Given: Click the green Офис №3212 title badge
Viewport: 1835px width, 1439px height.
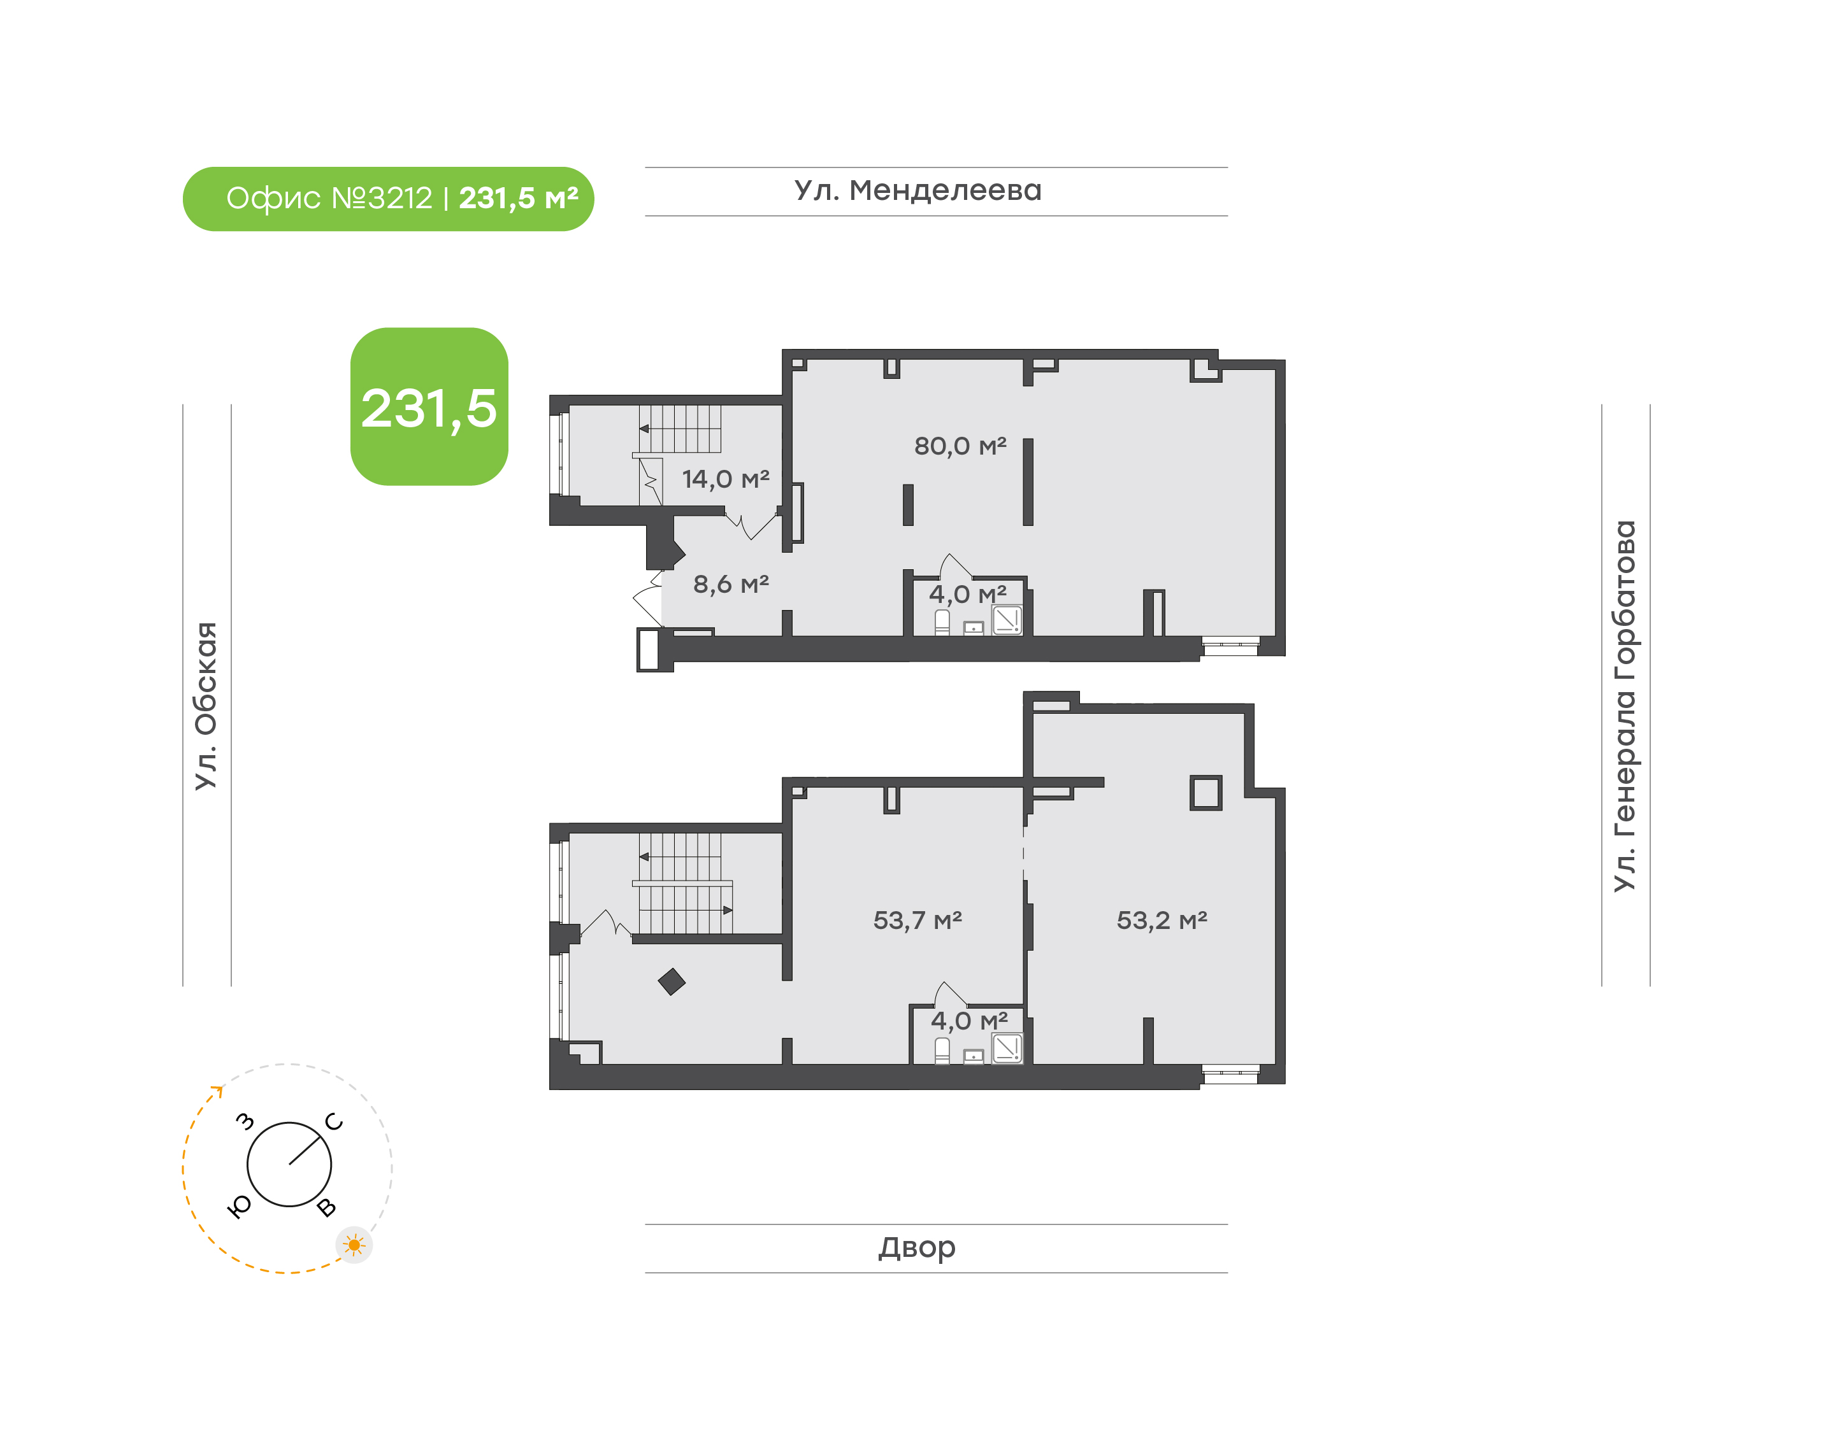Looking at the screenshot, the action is [388, 199].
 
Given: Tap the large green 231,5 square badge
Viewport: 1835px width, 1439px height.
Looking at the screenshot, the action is [429, 406].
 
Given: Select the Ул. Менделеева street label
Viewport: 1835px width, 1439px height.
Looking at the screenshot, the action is [918, 191].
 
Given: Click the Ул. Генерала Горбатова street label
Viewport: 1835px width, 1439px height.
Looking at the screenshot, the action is [1624, 706].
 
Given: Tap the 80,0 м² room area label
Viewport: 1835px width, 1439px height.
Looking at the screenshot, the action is [960, 446].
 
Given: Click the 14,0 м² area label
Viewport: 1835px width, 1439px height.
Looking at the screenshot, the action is [726, 479].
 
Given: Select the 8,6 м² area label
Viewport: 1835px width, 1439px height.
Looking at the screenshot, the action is [731, 584].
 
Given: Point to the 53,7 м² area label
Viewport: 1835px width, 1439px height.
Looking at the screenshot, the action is [917, 920].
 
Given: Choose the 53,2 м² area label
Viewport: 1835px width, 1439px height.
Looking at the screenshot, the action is [1162, 920].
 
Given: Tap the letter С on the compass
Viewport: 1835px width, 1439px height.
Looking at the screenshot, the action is [334, 1121].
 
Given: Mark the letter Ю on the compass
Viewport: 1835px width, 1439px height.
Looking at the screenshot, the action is [240, 1207].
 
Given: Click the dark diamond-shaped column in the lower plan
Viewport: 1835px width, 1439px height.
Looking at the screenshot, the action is [672, 982].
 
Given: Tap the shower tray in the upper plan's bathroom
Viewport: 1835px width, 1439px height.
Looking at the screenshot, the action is [1007, 620].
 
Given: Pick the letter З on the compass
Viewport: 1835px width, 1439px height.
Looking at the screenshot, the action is [245, 1121].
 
